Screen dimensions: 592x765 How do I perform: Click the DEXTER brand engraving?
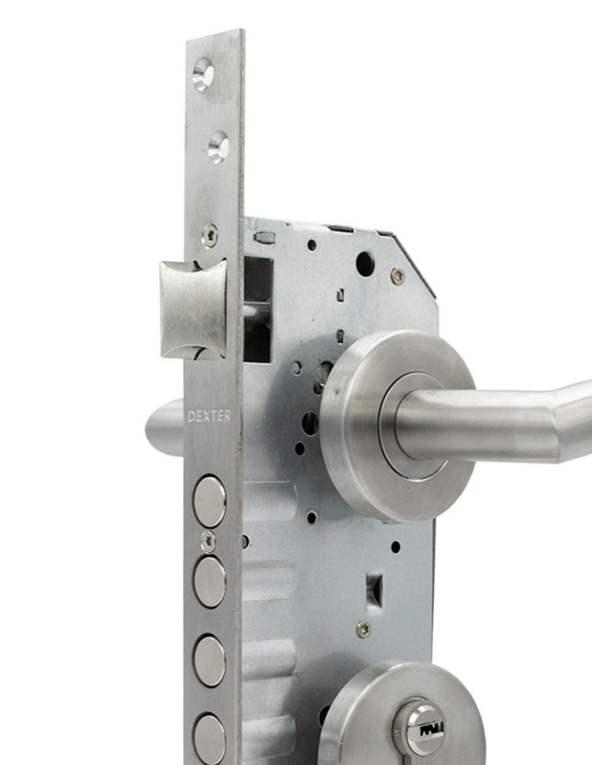(209, 416)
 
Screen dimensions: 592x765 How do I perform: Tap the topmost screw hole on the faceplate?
(203, 74)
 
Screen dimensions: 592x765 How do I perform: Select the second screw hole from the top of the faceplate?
(219, 147)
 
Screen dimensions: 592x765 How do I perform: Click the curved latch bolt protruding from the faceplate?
(193, 309)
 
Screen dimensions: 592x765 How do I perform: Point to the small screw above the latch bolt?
(210, 235)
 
